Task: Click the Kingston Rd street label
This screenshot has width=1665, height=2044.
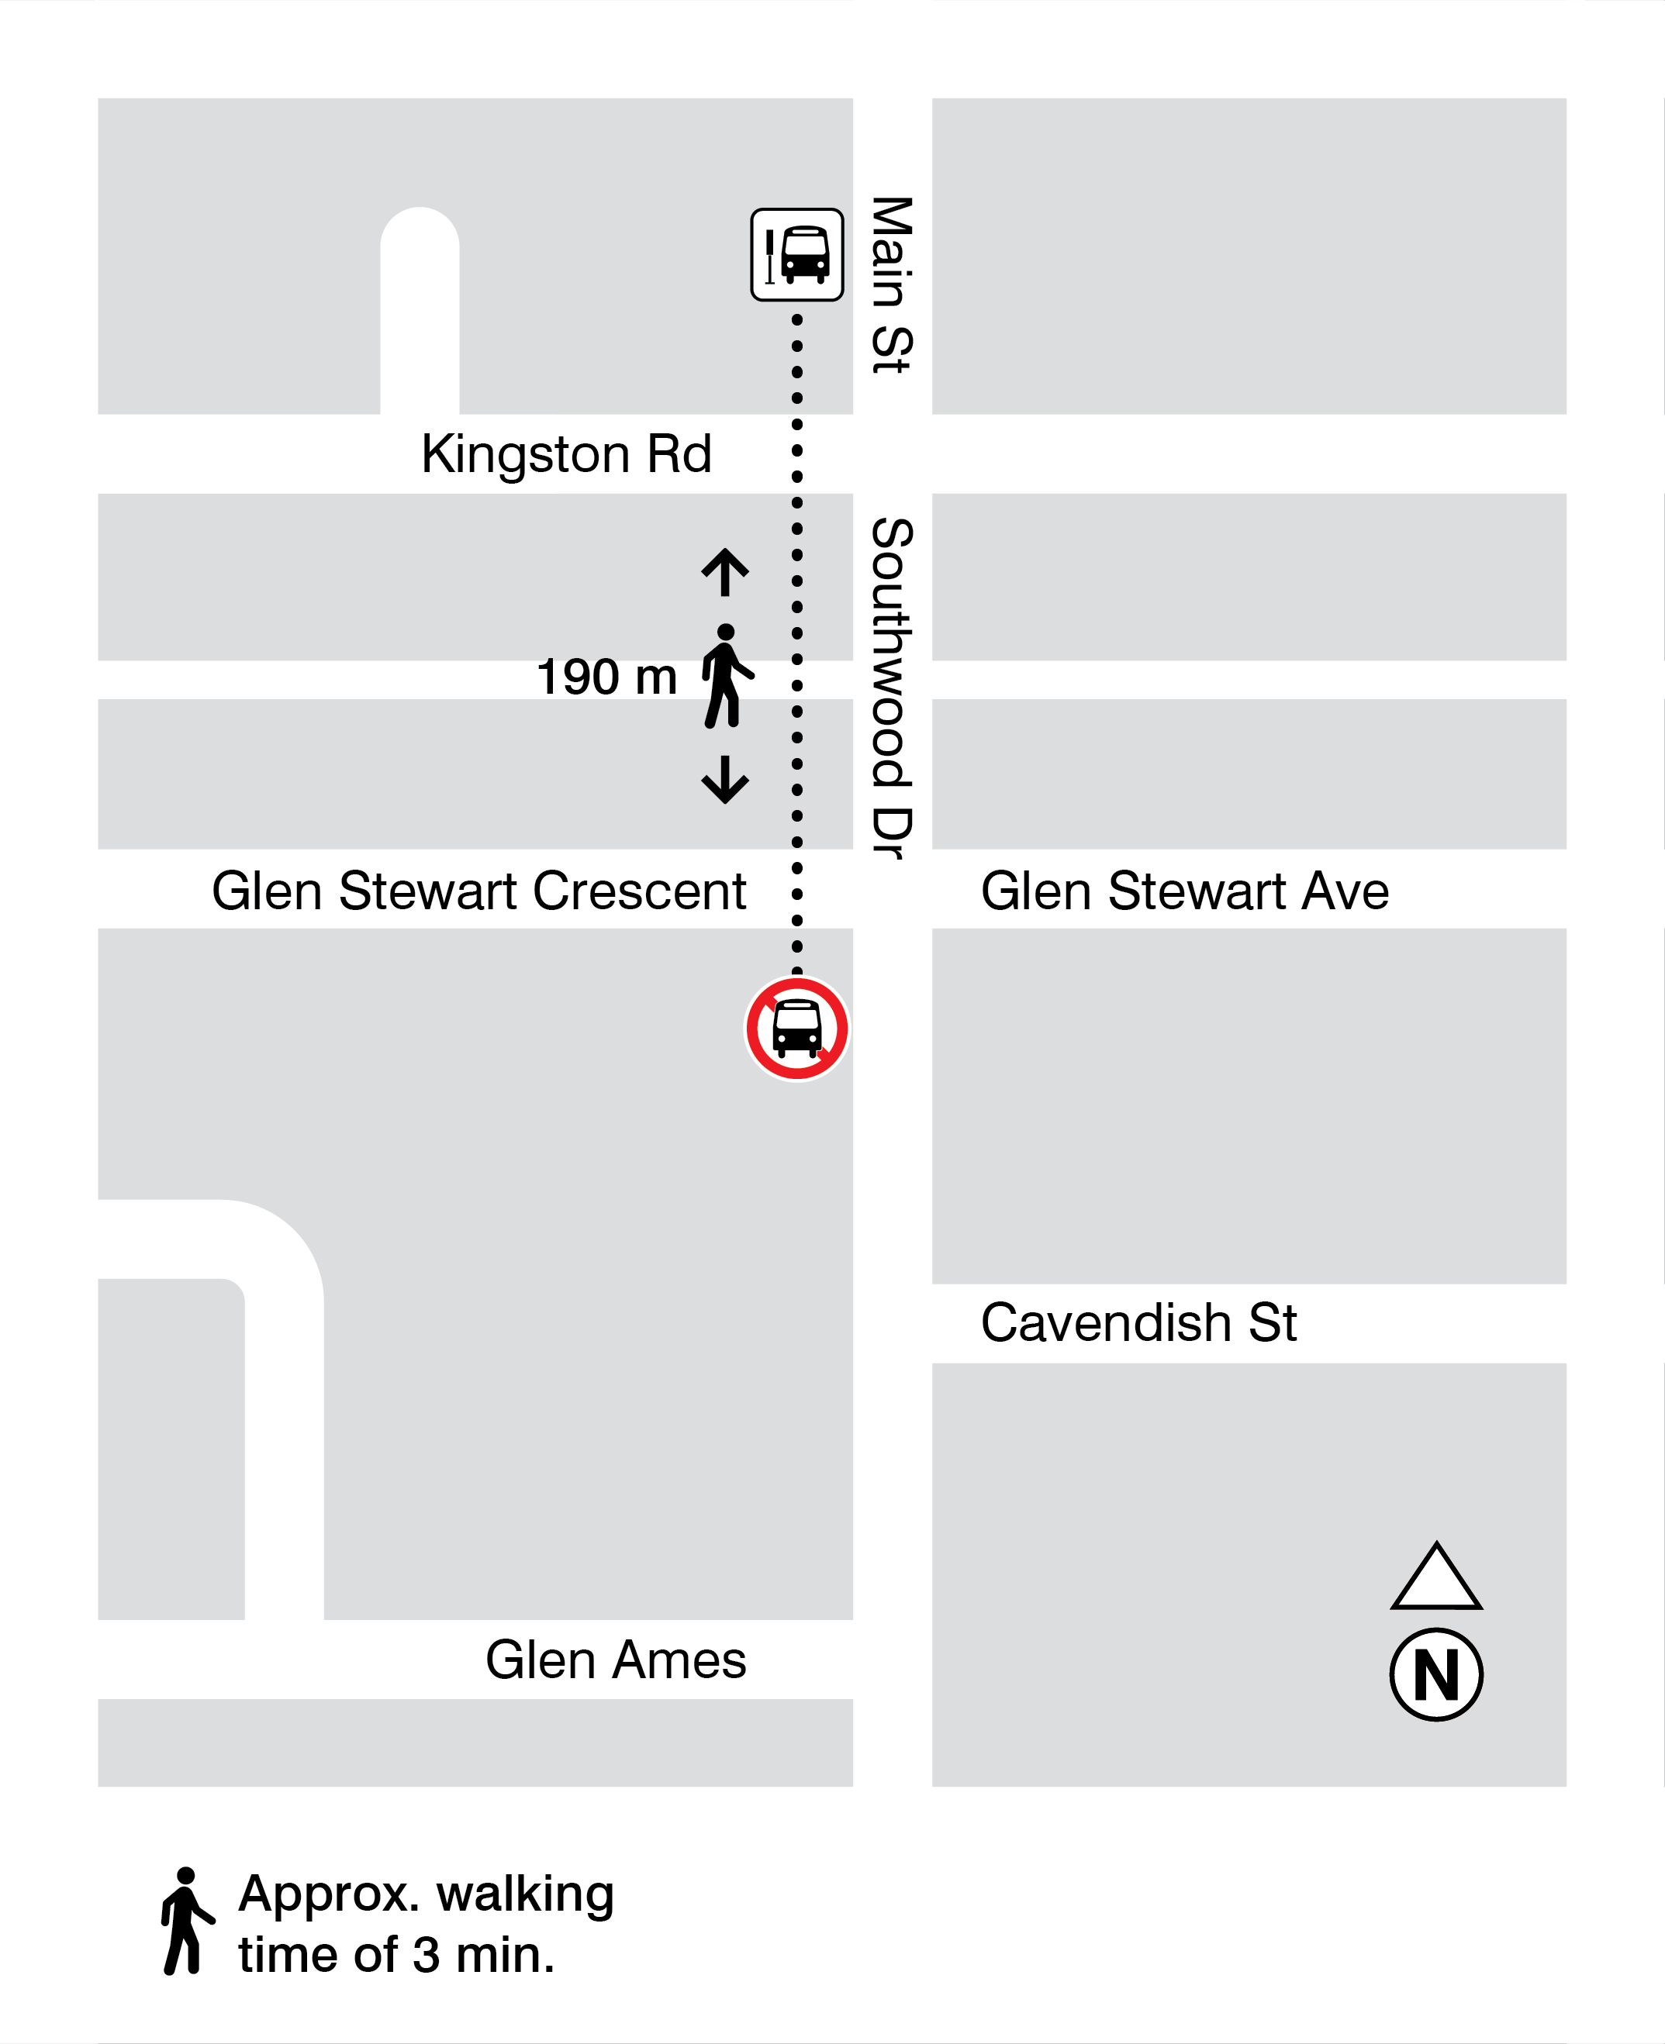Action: tap(566, 453)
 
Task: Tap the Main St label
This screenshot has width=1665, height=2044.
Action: tap(891, 284)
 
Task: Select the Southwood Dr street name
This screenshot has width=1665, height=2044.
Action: tap(891, 688)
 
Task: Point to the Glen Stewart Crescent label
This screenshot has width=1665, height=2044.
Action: tap(478, 891)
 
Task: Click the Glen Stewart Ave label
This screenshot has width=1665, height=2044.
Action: tap(1184, 891)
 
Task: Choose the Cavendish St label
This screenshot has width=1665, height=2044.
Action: tap(1138, 1323)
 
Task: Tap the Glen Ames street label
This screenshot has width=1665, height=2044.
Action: tap(615, 1660)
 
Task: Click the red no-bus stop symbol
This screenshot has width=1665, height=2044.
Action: tap(797, 1029)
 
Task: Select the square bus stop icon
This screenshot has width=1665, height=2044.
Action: tap(797, 255)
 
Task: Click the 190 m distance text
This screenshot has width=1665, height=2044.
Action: tap(606, 677)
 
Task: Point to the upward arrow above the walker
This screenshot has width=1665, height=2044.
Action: tap(725, 572)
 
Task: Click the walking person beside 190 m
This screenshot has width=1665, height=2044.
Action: tap(727, 676)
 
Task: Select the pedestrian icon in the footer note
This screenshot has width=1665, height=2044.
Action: tap(186, 1922)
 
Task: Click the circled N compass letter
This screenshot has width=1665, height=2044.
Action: tap(1435, 1675)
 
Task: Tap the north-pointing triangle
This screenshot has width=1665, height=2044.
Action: tap(1435, 1578)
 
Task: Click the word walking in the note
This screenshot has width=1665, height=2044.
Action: tap(525, 1894)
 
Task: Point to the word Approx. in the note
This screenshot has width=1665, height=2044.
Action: tap(329, 1894)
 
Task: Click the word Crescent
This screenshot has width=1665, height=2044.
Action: tap(639, 891)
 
